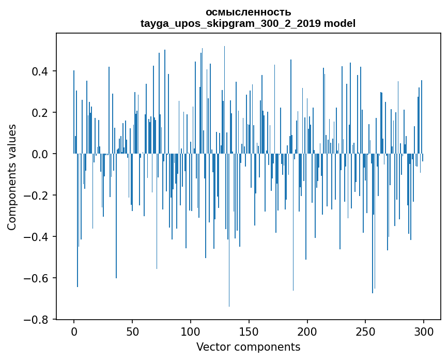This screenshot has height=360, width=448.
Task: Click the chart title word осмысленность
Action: coord(248,12)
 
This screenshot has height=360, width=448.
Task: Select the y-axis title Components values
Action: coord(12,177)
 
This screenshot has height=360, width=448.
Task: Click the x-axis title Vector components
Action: coord(248,347)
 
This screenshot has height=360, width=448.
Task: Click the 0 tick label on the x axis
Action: coord(74,332)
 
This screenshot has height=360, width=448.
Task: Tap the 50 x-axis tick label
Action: coord(132,332)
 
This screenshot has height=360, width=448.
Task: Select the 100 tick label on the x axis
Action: coord(191,332)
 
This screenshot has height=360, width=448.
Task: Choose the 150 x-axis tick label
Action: coord(249,332)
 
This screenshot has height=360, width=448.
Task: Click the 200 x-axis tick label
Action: coord(307,332)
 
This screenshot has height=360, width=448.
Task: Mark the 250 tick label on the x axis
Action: coord(366,332)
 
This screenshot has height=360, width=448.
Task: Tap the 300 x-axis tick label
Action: coord(424,332)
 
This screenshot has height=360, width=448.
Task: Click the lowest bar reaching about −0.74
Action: coord(229,259)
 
